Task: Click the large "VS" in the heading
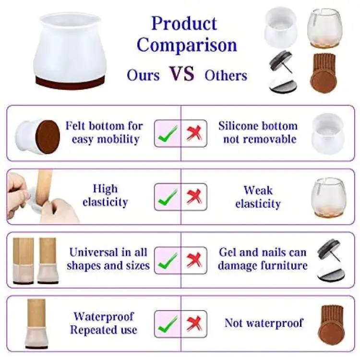pyautogui.click(x=182, y=73)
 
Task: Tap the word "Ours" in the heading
pyautogui.click(x=143, y=75)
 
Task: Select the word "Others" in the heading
pyautogui.click(x=226, y=75)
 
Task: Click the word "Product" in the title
pyautogui.click(x=184, y=23)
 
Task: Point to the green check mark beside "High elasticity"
pyautogui.click(x=168, y=197)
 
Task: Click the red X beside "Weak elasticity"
pyautogui.click(x=194, y=196)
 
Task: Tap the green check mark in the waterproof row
pyautogui.click(x=168, y=324)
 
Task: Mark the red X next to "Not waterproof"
pyautogui.click(x=194, y=324)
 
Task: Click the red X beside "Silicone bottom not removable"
pyautogui.click(x=194, y=133)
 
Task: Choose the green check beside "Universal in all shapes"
pyautogui.click(x=168, y=261)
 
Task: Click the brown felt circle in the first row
pyautogui.click(x=48, y=137)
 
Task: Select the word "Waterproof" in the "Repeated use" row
pyautogui.click(x=104, y=316)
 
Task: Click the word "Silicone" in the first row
pyautogui.click(x=238, y=126)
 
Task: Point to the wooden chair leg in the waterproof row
pyautogui.click(x=36, y=313)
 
